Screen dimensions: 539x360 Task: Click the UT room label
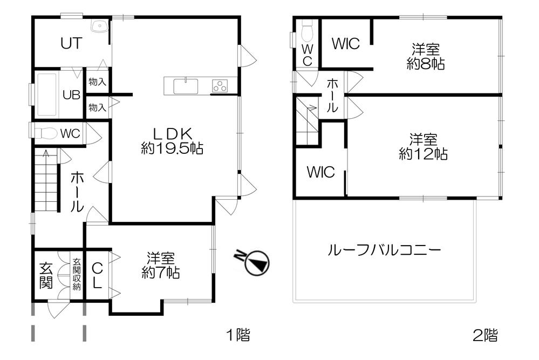[71, 44]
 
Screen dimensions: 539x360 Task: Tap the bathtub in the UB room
[47, 95]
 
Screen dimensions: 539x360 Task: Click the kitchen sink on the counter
[186, 85]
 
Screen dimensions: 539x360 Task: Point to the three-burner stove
[220, 85]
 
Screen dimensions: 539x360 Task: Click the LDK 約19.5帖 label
[172, 141]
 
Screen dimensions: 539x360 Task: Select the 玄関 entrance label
[46, 275]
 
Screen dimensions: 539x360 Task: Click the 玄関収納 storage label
[77, 275]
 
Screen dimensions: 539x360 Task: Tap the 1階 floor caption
[237, 335]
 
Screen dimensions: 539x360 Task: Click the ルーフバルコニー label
[384, 250]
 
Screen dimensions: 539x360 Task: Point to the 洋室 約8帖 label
[425, 57]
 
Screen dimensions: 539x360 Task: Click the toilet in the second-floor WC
[308, 31]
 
